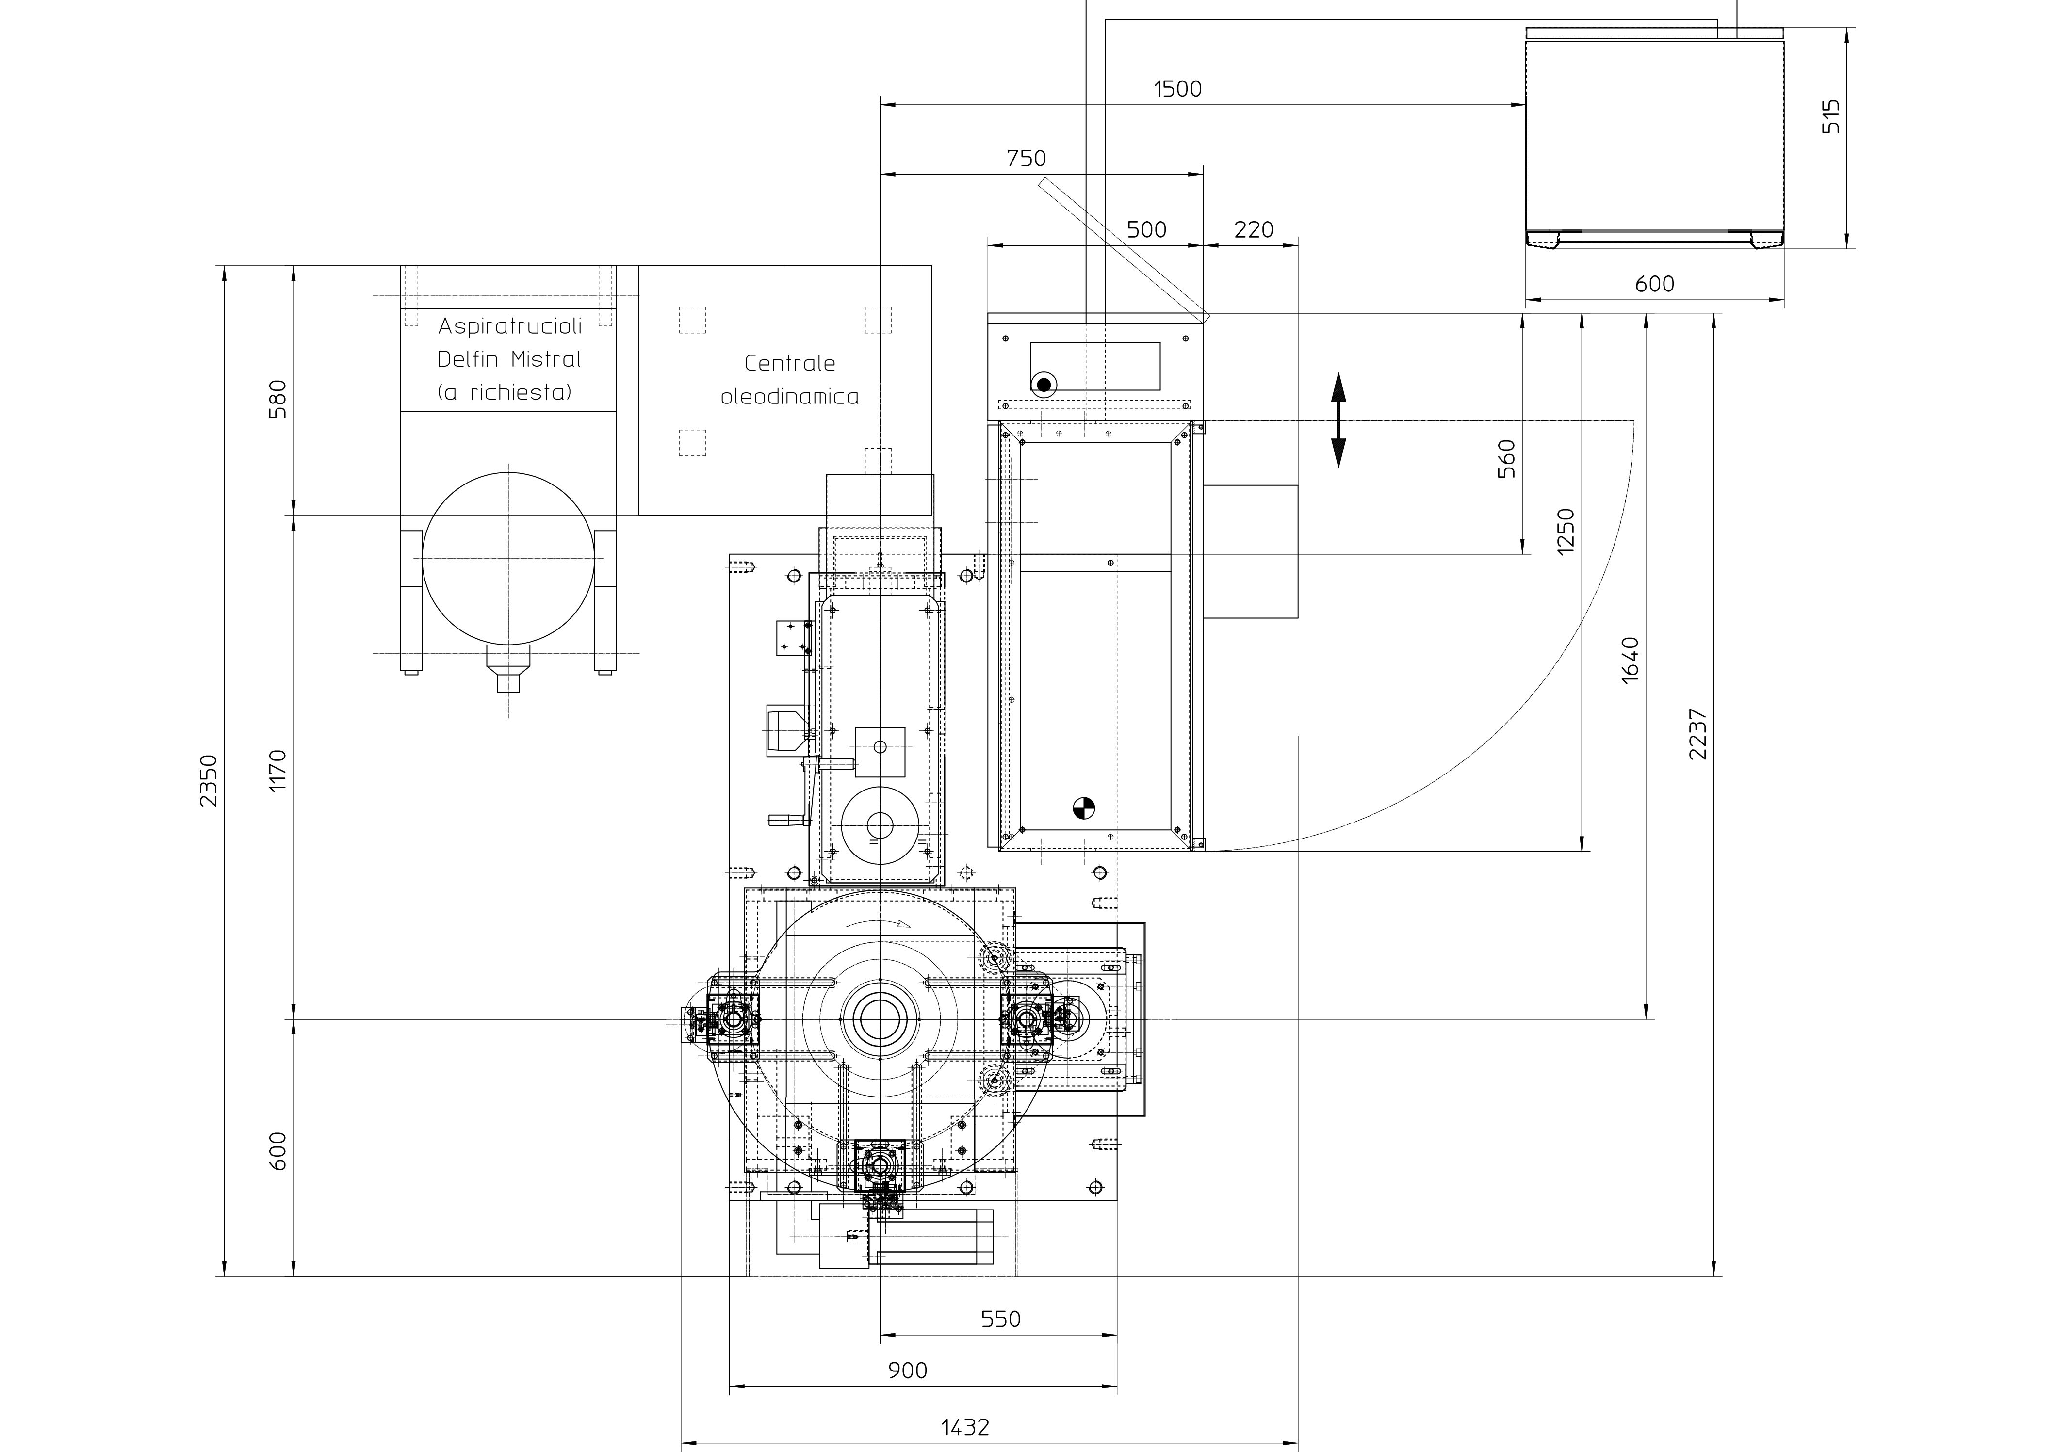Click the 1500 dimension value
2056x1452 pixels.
pos(1177,89)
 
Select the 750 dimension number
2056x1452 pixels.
pos(1026,159)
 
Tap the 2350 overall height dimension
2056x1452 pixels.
pos(208,780)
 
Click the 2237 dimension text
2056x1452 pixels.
pos(1698,734)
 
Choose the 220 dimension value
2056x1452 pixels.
pos(1254,230)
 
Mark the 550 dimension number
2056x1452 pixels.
pos(1000,1319)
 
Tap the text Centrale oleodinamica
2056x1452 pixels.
pos(790,380)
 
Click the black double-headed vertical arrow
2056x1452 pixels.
pos(1338,420)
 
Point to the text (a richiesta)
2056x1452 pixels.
pos(504,392)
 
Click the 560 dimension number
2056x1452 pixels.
pos(1507,458)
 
